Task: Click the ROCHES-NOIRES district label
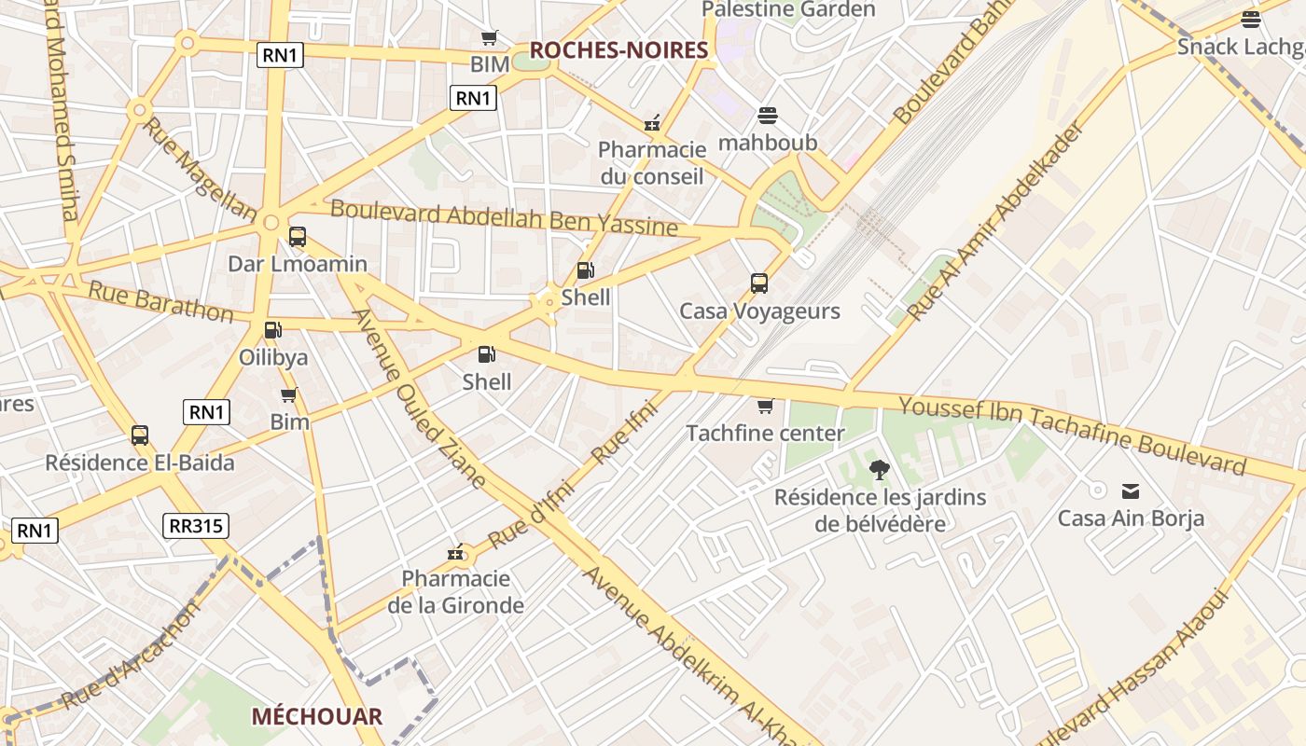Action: pyautogui.click(x=618, y=50)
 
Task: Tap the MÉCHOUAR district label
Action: pyautogui.click(x=316, y=716)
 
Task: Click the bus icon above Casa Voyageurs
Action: pyautogui.click(x=759, y=283)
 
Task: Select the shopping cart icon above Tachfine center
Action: pyautogui.click(x=765, y=406)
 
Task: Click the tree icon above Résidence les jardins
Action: pyautogui.click(x=879, y=469)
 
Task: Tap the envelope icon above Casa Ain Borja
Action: pyautogui.click(x=1131, y=490)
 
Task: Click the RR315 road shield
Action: pyautogui.click(x=195, y=526)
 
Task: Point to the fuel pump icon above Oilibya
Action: pyautogui.click(x=272, y=329)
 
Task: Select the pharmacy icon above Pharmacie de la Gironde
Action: pyautogui.click(x=455, y=552)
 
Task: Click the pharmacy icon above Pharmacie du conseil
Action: pyautogui.click(x=652, y=123)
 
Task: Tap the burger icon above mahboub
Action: pyautogui.click(x=767, y=116)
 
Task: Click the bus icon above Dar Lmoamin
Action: pyautogui.click(x=297, y=237)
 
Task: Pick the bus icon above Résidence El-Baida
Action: pyautogui.click(x=140, y=435)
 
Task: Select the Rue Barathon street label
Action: pyautogui.click(x=160, y=302)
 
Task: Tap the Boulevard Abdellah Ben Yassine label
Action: pyautogui.click(x=504, y=217)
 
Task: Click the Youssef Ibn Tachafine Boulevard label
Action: pyautogui.click(x=1072, y=435)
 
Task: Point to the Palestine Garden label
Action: pyautogui.click(x=788, y=9)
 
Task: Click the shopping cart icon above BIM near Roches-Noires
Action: pyautogui.click(x=490, y=37)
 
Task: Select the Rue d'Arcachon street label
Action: pyautogui.click(x=131, y=655)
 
